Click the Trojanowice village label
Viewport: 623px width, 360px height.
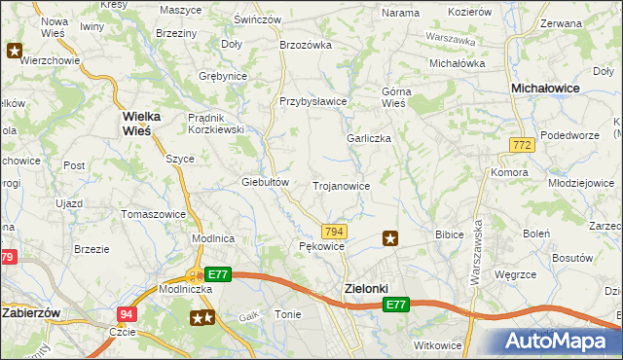341,185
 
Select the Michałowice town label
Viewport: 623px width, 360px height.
546,88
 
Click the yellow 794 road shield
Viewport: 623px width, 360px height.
334,231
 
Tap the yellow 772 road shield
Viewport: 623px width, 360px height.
521,144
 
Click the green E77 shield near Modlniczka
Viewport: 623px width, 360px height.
218,275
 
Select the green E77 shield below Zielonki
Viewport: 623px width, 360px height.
394,306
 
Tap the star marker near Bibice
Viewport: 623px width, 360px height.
390,236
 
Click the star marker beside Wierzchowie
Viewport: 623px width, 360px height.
15,50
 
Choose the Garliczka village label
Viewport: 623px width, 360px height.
369,138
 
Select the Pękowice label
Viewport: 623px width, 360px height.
321,247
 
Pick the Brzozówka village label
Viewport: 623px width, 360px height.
306,45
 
